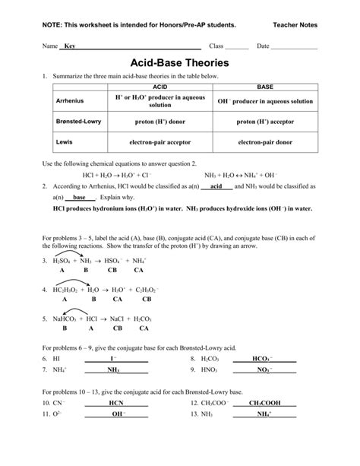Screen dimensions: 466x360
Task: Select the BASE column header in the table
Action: click(265, 88)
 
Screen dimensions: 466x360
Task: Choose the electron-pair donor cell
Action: click(265, 142)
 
